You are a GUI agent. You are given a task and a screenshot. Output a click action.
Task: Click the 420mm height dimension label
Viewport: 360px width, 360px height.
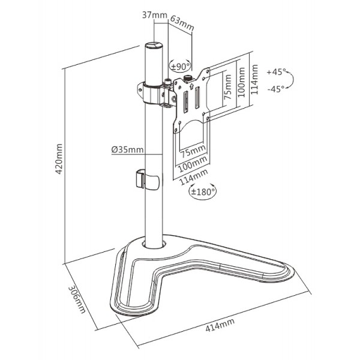point(59,158)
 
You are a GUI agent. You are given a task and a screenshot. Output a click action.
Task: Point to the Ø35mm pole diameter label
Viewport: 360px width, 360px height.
point(128,149)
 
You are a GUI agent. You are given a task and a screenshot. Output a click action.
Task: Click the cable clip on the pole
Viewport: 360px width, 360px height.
point(145,179)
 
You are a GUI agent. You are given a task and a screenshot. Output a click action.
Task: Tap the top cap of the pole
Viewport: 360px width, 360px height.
point(154,46)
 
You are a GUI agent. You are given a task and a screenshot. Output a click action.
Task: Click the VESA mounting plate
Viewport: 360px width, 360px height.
point(193,99)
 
